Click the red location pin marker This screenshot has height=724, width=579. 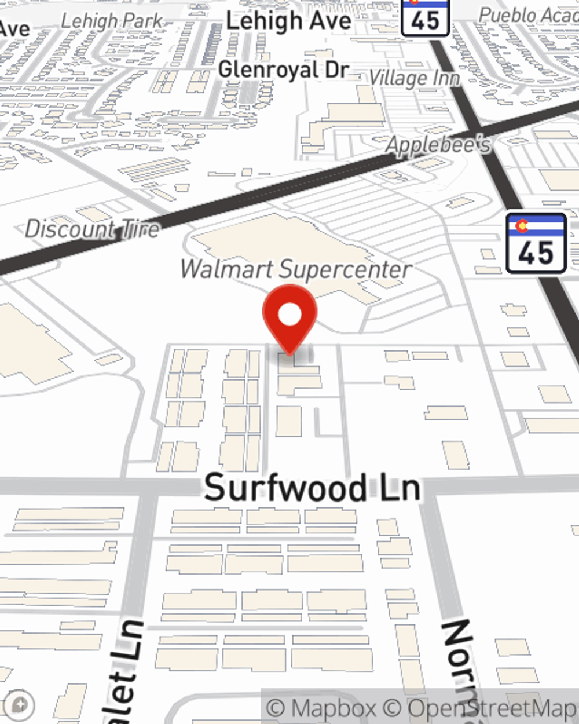[289, 319]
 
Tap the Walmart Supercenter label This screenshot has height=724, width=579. [296, 269]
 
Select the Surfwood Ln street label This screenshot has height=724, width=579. [312, 487]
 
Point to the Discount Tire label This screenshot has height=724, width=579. [92, 229]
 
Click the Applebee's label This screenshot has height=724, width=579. [438, 145]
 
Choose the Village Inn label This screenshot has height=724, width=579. [415, 78]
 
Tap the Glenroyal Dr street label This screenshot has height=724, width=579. [284, 70]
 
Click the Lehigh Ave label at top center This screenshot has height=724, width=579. [288, 21]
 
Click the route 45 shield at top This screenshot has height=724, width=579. [426, 17]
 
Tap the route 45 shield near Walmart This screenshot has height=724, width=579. [536, 243]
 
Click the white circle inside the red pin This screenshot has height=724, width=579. [289, 315]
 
